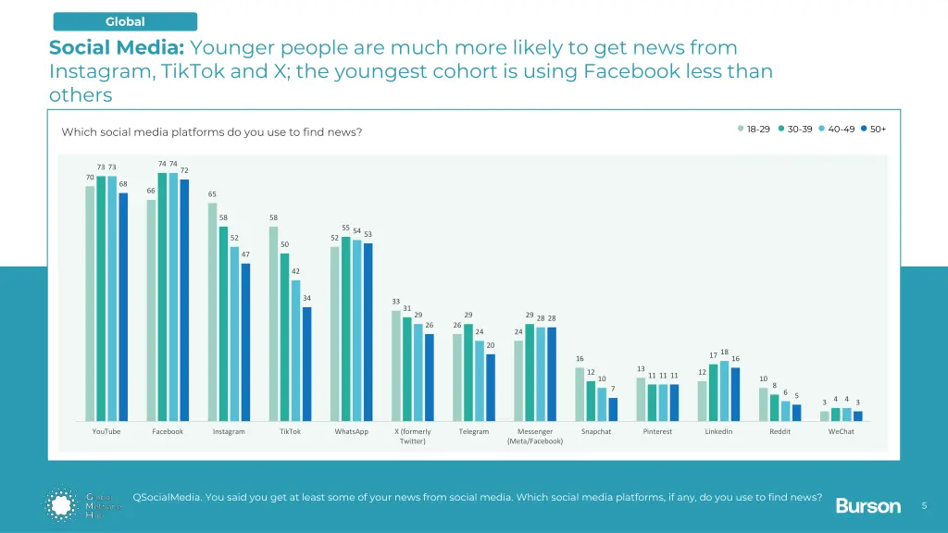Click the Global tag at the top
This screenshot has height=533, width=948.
(125, 21)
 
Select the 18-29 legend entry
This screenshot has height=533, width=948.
(754, 129)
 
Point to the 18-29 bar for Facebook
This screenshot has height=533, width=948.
(151, 310)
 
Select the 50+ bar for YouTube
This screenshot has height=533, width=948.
(123, 306)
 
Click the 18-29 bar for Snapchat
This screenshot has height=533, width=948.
(580, 393)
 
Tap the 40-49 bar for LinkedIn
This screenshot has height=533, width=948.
(725, 390)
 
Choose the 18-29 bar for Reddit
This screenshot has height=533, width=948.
(764, 403)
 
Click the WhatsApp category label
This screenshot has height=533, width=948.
(351, 432)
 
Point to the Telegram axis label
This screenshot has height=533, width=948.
(474, 432)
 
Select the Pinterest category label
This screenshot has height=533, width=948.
(657, 432)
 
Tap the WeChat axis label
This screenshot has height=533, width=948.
(841, 432)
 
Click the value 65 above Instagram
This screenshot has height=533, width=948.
(212, 194)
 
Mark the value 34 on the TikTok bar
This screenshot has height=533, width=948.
(307, 298)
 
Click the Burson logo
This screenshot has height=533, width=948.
(867, 505)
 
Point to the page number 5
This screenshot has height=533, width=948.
(924, 505)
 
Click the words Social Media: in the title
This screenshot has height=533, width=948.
(117, 47)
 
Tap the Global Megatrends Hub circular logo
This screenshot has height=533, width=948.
(63, 504)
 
